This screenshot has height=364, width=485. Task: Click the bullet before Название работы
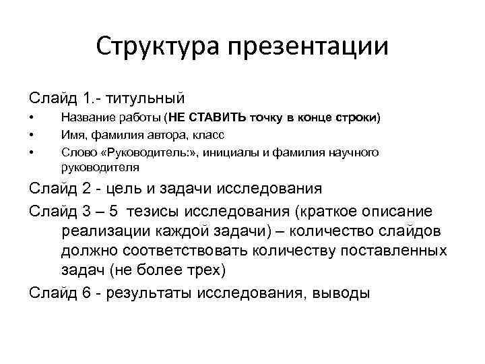31,118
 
